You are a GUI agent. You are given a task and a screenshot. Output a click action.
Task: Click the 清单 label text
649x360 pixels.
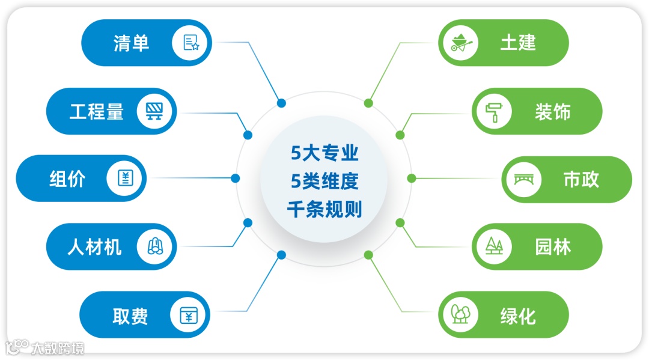[x=131, y=43]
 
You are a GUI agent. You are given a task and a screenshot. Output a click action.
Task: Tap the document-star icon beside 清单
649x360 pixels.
[x=191, y=43]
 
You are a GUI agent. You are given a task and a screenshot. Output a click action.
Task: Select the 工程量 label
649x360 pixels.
[x=97, y=112]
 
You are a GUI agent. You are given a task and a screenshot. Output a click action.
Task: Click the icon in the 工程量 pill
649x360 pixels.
[x=157, y=111]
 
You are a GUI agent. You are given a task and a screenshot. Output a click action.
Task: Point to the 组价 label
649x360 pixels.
[x=67, y=179]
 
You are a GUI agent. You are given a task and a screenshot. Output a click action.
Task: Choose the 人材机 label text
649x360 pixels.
[x=94, y=247]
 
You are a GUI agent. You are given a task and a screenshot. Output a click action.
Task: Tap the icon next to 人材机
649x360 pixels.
[x=157, y=246]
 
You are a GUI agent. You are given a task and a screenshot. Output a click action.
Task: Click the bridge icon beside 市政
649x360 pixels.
[x=523, y=179]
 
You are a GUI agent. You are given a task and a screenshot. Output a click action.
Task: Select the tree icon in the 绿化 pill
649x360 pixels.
[x=460, y=315]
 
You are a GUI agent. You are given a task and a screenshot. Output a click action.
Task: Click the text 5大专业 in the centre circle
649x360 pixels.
[x=324, y=153]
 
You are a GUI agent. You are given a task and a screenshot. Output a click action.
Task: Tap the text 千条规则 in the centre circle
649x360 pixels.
[x=324, y=210]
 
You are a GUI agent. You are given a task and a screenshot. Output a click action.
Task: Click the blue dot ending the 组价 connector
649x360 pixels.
[x=236, y=178]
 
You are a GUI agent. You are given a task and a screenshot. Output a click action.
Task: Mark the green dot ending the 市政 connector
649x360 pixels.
[x=412, y=178]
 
